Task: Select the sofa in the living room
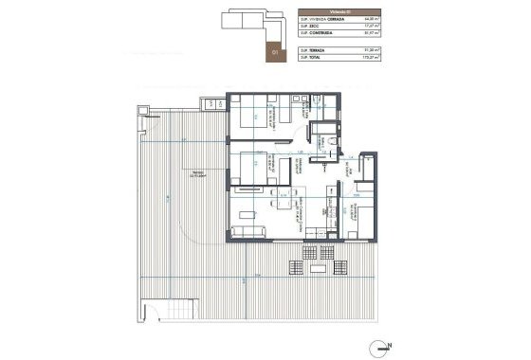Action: point(250,232)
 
